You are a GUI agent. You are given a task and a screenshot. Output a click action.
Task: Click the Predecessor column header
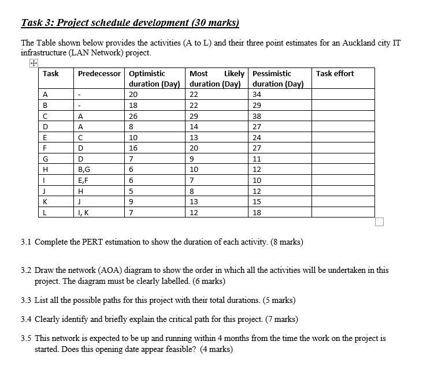[99, 74]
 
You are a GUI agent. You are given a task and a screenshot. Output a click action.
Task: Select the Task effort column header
[335, 74]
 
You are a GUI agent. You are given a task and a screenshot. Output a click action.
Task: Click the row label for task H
[44, 169]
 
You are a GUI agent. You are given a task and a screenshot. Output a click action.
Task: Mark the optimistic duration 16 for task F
[133, 148]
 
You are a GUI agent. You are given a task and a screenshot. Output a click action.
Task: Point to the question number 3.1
[26, 242]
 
